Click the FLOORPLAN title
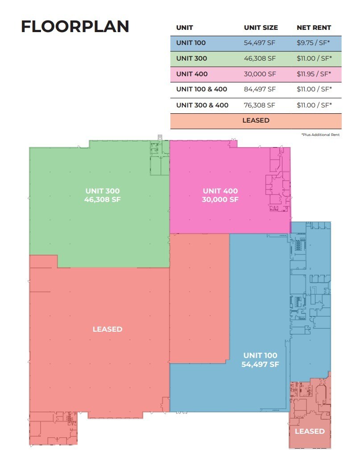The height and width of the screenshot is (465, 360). pos(75,26)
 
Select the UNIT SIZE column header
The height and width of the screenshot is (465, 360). pos(261,28)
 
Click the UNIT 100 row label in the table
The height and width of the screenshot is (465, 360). pos(191,43)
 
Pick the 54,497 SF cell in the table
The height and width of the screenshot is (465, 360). pos(260,43)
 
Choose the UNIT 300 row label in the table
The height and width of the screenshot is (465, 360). pos(191,58)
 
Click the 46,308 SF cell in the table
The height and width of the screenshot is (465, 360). pos(260,58)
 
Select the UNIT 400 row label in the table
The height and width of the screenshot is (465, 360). pos(192,74)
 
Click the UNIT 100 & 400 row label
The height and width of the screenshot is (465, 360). pos(202,89)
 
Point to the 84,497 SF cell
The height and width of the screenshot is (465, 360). pos(260,89)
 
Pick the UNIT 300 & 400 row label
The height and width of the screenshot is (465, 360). pos(202,105)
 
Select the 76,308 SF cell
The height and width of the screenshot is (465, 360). pos(260,105)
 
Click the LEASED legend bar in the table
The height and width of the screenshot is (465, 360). pos(256,120)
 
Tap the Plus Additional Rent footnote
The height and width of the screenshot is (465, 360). pos(320,134)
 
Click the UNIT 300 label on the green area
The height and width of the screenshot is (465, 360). pos(102,191)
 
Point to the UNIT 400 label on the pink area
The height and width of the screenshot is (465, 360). pos(220,191)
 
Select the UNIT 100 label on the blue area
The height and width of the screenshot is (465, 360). pos(260,355)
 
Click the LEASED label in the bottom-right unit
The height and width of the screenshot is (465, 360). pos(310,431)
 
